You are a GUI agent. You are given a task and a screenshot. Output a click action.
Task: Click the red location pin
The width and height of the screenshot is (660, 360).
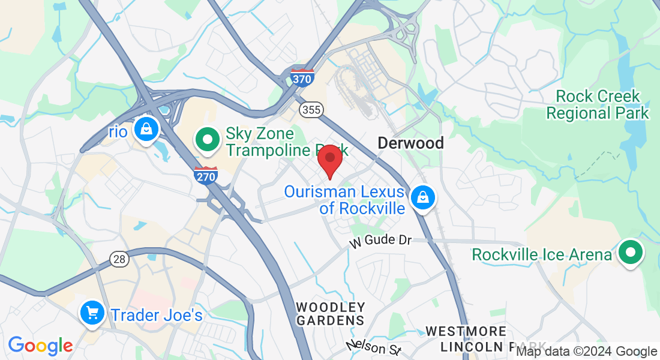point(329,159)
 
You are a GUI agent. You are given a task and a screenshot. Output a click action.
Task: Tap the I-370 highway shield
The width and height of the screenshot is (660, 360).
point(302,77)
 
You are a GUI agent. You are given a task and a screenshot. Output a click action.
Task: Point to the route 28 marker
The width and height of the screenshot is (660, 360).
point(119,259)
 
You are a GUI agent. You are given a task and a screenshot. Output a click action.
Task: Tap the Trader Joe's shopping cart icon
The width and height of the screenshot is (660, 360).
point(92,313)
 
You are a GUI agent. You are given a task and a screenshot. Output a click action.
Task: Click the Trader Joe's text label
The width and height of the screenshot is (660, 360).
point(157,314)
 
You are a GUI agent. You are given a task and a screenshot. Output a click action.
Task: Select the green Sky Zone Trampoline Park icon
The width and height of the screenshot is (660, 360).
point(208,140)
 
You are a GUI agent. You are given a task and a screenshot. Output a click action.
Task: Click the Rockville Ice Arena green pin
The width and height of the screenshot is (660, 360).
point(630,253)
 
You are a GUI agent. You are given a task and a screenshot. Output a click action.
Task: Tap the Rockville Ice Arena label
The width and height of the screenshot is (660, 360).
point(542,254)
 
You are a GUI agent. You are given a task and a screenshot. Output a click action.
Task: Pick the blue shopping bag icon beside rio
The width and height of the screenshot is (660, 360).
point(145,128)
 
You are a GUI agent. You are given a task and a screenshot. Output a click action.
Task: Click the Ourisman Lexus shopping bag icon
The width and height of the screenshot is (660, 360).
point(422,197)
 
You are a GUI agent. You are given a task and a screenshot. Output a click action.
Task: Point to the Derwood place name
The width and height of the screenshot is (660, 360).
point(410,143)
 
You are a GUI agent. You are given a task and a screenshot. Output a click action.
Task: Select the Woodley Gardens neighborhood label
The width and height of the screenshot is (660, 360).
point(331,314)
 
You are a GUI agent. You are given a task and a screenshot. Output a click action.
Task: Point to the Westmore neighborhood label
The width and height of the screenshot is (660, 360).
point(466,331)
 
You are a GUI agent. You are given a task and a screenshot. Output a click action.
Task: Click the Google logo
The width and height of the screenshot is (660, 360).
point(40,346)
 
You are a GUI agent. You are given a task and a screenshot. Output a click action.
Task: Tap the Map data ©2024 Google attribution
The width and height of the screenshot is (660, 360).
point(587,352)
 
